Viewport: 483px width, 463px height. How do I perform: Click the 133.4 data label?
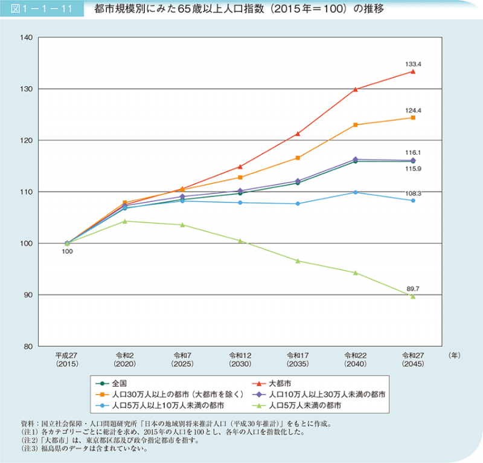[x=413, y=63]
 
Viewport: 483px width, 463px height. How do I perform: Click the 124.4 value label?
[x=413, y=110]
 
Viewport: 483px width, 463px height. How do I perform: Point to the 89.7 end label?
[x=413, y=290]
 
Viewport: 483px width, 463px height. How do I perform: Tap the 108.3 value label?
[x=413, y=193]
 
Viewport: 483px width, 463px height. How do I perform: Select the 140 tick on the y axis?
[x=27, y=37]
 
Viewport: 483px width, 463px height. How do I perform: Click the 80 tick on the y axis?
[x=28, y=346]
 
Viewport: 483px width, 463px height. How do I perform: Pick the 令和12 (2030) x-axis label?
[x=240, y=360]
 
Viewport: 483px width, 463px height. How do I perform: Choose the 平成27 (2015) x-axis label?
[x=67, y=360]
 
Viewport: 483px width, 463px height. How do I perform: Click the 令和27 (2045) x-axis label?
[x=413, y=360]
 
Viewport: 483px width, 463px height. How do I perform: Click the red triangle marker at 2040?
[x=355, y=89]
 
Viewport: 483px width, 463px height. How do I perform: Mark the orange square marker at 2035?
[x=298, y=158]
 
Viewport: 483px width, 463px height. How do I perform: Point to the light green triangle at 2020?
[x=124, y=221]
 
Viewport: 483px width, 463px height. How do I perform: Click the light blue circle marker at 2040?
[x=355, y=192]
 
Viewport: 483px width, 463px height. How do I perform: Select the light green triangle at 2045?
[x=413, y=296]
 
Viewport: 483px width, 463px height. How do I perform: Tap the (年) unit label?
[x=455, y=355]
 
